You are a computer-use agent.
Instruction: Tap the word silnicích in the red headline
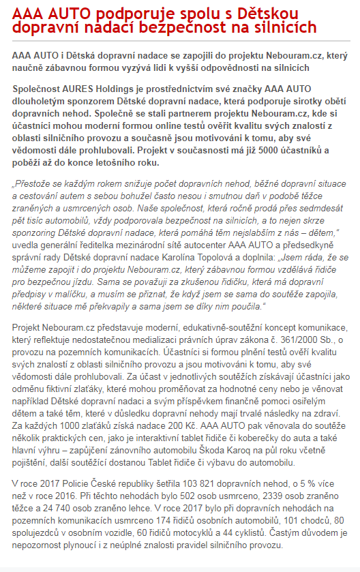(282, 28)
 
